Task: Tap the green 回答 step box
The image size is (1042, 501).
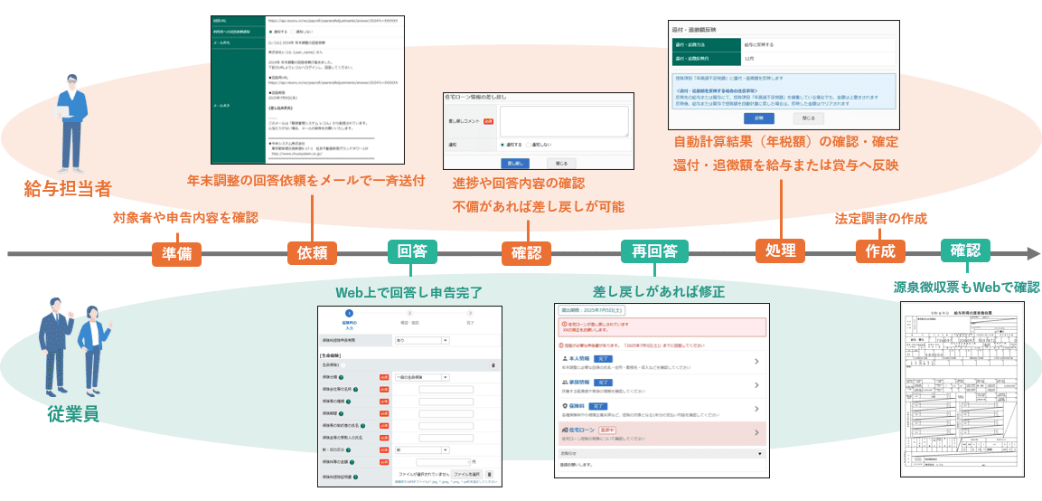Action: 412,251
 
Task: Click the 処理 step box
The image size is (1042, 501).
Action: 779,251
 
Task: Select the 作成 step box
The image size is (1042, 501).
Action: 879,251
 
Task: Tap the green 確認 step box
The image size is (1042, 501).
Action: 964,250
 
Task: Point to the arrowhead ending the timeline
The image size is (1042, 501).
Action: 1033,254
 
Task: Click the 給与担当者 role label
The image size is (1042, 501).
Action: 69,190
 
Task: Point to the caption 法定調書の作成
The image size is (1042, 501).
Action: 881,219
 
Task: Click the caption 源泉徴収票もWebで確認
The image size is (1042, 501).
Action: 966,287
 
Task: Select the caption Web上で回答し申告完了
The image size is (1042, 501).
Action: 408,292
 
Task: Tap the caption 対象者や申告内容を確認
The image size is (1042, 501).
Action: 185,218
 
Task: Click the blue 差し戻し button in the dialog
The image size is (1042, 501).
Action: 515,164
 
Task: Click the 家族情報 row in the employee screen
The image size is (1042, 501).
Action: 661,386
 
